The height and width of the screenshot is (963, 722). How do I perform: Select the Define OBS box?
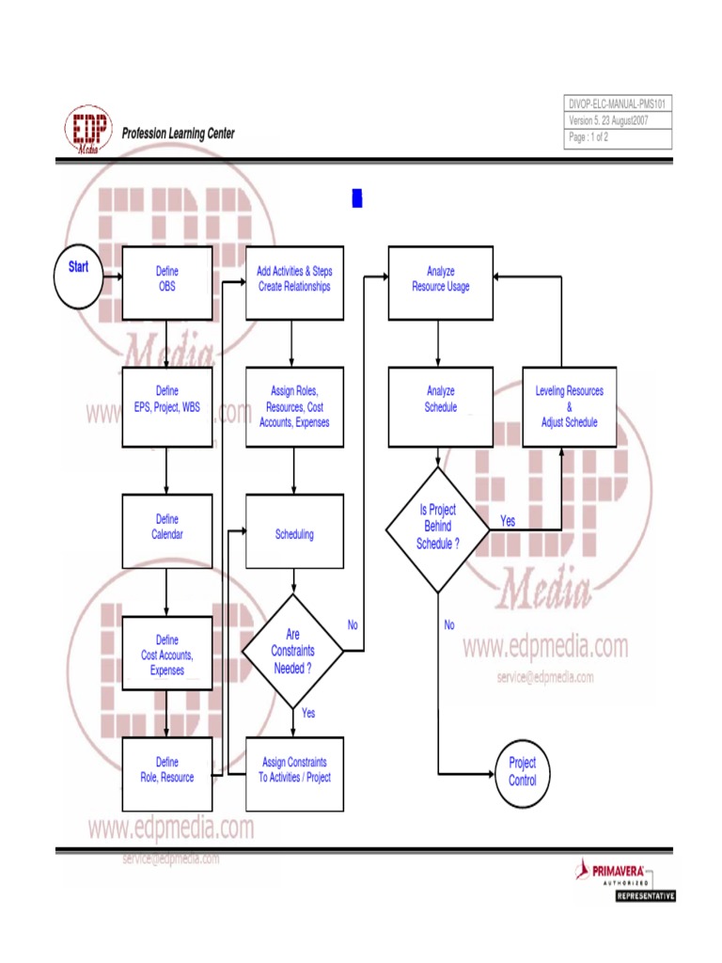click(166, 279)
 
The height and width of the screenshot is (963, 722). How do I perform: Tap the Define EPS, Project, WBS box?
click(166, 407)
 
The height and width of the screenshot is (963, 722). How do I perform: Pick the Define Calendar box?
click(166, 531)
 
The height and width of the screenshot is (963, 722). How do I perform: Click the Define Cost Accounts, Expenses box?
click(166, 655)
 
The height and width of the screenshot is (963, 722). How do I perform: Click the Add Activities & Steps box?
click(294, 279)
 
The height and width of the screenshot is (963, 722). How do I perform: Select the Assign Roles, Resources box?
click(294, 407)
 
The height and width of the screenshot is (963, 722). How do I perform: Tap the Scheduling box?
click(294, 534)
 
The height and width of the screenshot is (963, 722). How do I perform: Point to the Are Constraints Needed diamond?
click(292, 652)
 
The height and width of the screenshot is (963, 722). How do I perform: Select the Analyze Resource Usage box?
click(440, 279)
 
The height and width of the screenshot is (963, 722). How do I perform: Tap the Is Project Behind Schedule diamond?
click(438, 529)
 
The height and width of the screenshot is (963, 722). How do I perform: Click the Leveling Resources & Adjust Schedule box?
click(569, 407)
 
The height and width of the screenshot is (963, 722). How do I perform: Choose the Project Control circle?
click(522, 773)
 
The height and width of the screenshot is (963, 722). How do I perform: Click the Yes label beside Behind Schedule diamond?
click(508, 520)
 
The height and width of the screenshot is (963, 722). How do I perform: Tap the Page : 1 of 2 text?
click(589, 137)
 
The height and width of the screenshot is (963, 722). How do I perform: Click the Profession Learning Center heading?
click(179, 134)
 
